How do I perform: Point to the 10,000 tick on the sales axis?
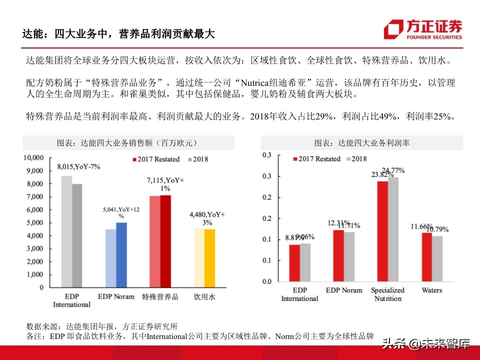(x=34, y=157)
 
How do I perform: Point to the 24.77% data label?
(x=393, y=170)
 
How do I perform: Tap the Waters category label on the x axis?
(x=431, y=290)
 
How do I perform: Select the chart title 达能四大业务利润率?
(x=361, y=143)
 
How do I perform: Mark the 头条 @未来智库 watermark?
(x=426, y=343)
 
